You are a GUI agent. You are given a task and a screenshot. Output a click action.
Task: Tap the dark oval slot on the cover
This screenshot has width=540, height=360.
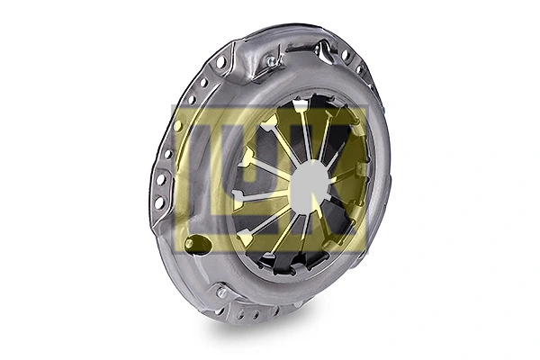click(x=197, y=243)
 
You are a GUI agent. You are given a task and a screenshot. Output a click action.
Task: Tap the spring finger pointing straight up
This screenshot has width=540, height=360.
click(x=298, y=121)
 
